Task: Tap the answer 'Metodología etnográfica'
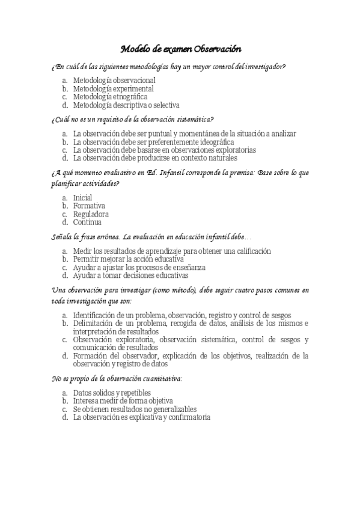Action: coord(110,96)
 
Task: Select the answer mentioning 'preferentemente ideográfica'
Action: coord(153,142)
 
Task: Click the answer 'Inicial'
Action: coord(82,197)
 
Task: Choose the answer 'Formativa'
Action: coord(89,206)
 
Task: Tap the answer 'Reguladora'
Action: coord(91,214)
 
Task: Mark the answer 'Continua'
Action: coord(88,221)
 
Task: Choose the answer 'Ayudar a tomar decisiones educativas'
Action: coord(130,275)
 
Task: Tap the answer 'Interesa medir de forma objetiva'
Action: coord(123,401)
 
